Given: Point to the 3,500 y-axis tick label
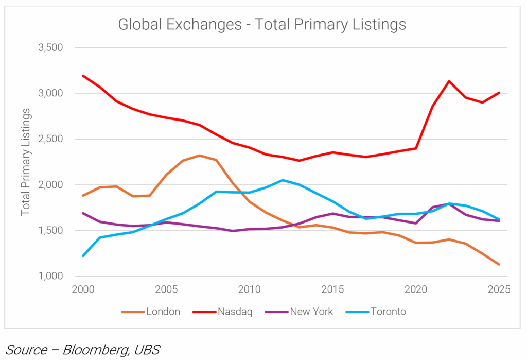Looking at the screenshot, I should click(x=50, y=48).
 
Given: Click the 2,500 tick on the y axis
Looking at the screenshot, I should click(x=50, y=139).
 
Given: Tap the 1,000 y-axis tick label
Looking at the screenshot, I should click(x=50, y=277).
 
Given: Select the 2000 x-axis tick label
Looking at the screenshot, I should click(x=83, y=289).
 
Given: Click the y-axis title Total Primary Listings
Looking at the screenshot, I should click(x=26, y=162).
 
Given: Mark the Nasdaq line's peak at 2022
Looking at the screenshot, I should click(x=449, y=81).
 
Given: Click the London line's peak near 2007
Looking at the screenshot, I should click(x=199, y=155).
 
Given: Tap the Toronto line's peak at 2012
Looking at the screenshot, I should click(x=283, y=180).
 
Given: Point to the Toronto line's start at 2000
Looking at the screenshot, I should click(x=83, y=256).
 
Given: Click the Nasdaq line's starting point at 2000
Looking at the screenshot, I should click(x=83, y=76).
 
